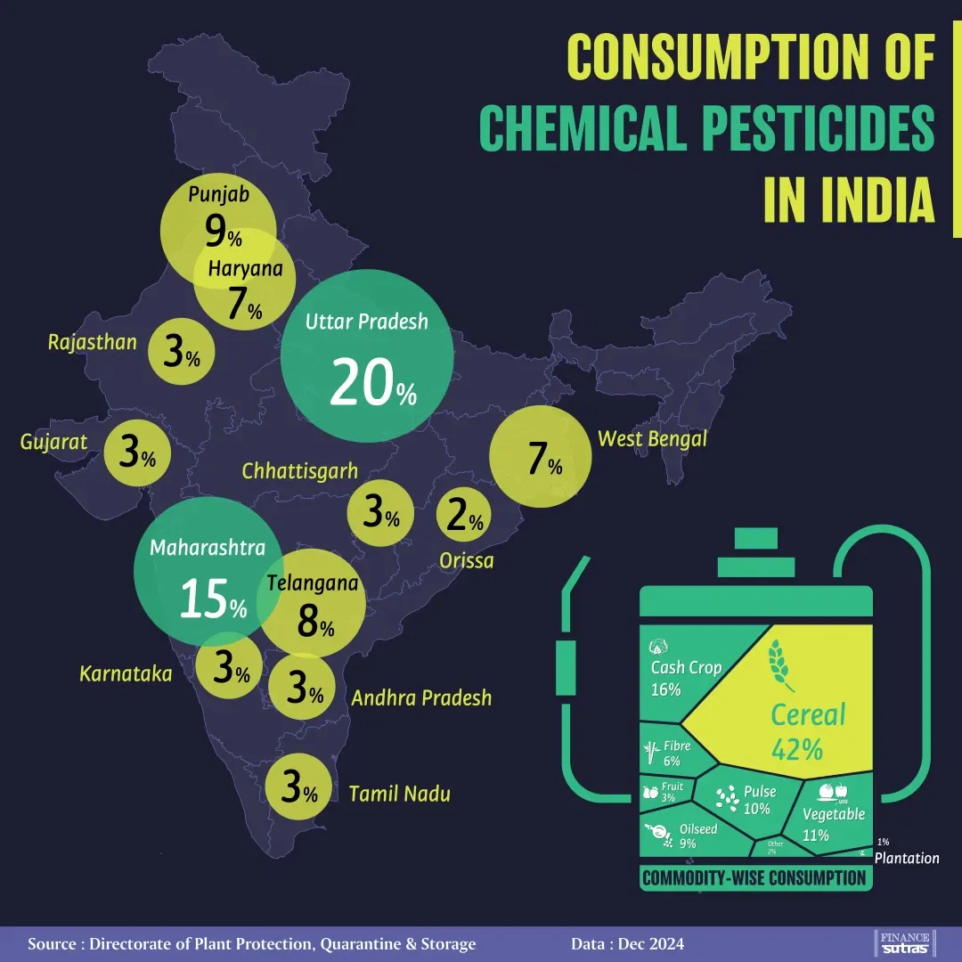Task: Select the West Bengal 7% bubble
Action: [541, 458]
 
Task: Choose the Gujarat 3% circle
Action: [137, 454]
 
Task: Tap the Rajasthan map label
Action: [94, 341]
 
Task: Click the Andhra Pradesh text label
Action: [421, 697]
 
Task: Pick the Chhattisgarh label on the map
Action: [299, 471]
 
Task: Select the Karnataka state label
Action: [126, 674]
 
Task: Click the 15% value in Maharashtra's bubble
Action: [213, 599]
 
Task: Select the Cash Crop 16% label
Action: [684, 678]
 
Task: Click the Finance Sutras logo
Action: [904, 943]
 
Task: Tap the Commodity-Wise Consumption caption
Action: [754, 878]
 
